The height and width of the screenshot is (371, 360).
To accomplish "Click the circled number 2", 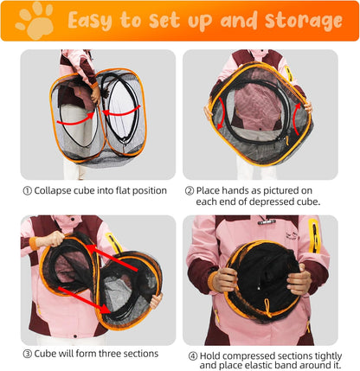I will pos(190,190).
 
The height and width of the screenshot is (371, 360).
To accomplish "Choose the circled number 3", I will pos(28,353).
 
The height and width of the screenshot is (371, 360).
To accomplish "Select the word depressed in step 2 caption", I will pos(278,202).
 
